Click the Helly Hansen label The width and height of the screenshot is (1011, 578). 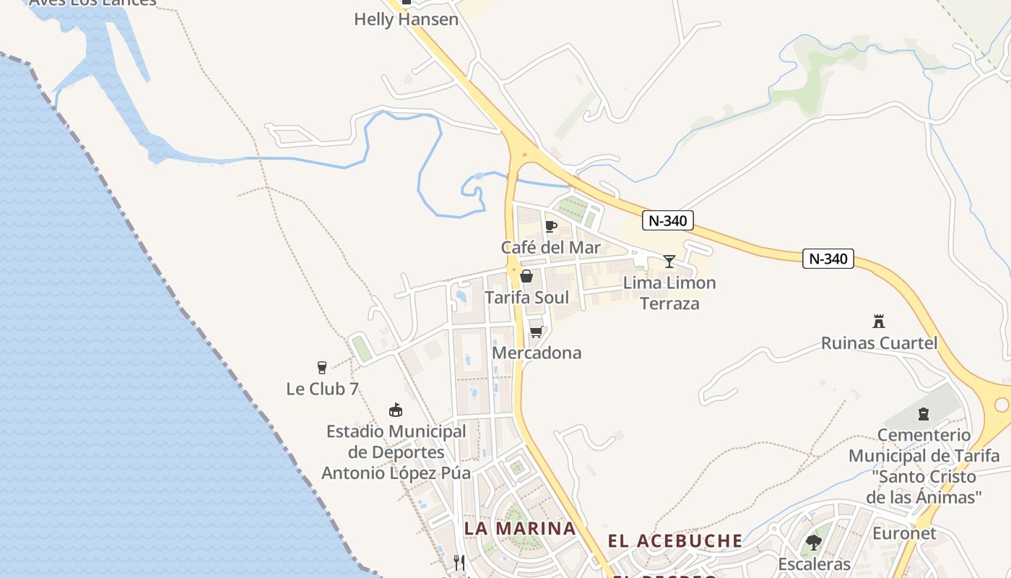pyautogui.click(x=406, y=20)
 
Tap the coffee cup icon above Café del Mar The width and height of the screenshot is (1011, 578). pyautogui.click(x=551, y=227)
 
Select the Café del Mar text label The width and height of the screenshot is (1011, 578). pyautogui.click(x=551, y=248)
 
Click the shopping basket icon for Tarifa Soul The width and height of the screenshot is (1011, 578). pyautogui.click(x=526, y=276)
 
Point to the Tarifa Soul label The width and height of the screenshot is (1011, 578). pyautogui.click(x=526, y=298)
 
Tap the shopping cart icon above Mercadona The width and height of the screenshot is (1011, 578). pyautogui.click(x=536, y=332)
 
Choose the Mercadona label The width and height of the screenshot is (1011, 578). pyautogui.click(x=537, y=353)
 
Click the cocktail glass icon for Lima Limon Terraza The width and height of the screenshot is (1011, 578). pyautogui.click(x=669, y=261)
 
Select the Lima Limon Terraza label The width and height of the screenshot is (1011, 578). pyautogui.click(x=669, y=293)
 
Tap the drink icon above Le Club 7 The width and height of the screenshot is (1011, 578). pyautogui.click(x=322, y=368)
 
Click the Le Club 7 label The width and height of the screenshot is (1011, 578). pyautogui.click(x=322, y=389)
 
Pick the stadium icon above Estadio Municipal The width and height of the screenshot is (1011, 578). pyautogui.click(x=395, y=410)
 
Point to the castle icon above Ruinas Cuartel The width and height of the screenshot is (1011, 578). pyautogui.click(x=879, y=322)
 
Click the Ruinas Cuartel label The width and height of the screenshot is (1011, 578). pyautogui.click(x=879, y=343)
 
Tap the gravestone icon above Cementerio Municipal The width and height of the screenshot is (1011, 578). pyautogui.click(x=923, y=414)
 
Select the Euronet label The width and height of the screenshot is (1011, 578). pyautogui.click(x=904, y=534)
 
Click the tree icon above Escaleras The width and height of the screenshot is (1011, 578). pyautogui.click(x=814, y=542)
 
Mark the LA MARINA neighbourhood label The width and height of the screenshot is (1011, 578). pyautogui.click(x=520, y=528)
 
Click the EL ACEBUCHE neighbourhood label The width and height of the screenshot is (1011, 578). pyautogui.click(x=674, y=541)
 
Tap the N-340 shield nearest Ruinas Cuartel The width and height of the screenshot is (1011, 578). pyautogui.click(x=828, y=259)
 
